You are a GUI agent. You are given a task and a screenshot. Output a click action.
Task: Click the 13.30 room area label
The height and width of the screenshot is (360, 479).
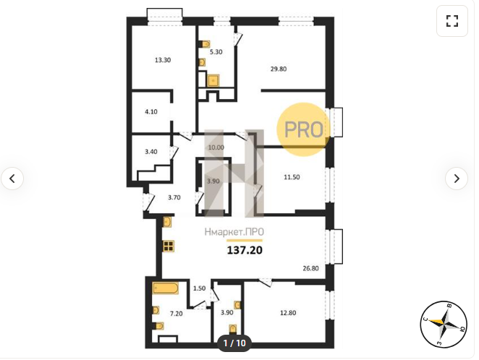(x=163, y=60)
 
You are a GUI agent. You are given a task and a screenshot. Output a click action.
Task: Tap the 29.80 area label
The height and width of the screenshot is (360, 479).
(x=279, y=69)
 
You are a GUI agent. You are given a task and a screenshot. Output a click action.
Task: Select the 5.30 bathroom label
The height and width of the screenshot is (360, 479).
(x=216, y=52)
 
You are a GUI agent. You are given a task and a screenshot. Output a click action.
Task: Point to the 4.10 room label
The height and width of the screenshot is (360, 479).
(x=151, y=111)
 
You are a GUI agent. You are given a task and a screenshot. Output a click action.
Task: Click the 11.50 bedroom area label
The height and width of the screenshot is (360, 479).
(x=292, y=177)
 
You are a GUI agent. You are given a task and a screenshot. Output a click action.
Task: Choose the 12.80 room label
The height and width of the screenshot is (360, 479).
(x=288, y=313)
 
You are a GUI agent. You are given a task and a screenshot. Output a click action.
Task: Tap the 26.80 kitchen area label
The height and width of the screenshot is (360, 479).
(x=310, y=268)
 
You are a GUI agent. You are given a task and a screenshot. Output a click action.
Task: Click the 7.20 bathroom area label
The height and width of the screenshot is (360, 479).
(x=177, y=313)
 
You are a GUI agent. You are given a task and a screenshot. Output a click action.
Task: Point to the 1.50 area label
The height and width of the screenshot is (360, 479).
(x=199, y=288)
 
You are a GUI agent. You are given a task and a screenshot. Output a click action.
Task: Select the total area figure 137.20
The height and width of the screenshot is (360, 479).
(x=245, y=250)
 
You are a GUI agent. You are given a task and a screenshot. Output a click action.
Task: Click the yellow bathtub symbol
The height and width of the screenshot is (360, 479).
(x=165, y=288)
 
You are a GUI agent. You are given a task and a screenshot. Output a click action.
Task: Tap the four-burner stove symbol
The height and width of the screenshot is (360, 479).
(x=169, y=246)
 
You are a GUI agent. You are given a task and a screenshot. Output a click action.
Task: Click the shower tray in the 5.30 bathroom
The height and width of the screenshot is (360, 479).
(x=213, y=81)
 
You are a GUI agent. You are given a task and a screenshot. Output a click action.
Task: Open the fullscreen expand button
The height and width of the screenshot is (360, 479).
(x=452, y=21)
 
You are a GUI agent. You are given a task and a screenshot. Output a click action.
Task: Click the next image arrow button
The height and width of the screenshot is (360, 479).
(x=457, y=179)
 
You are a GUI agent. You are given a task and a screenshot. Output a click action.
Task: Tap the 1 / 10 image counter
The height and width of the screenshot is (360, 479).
(x=234, y=343)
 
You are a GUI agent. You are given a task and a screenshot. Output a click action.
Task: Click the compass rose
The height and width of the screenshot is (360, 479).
(x=444, y=324)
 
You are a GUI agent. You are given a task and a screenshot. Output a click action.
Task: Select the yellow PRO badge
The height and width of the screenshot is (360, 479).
(x=304, y=129)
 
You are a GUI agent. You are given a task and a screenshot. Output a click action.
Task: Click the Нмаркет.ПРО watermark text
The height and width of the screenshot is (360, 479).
(x=234, y=232)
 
